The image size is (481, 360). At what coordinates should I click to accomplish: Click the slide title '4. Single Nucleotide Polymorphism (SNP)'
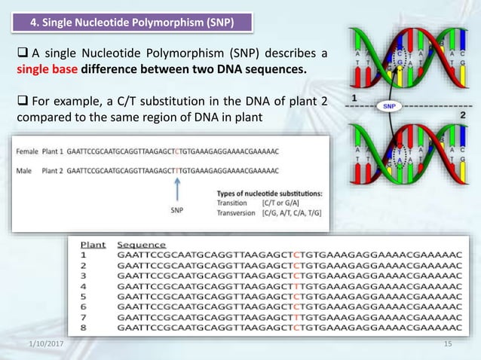[x=131, y=23]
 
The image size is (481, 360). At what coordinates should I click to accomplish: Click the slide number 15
[x=447, y=343]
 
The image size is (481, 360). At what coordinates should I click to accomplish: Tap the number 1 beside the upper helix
[x=354, y=98]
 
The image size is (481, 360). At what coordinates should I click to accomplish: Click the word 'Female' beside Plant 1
[x=26, y=151]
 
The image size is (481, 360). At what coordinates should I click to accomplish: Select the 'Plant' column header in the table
[x=93, y=245]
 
